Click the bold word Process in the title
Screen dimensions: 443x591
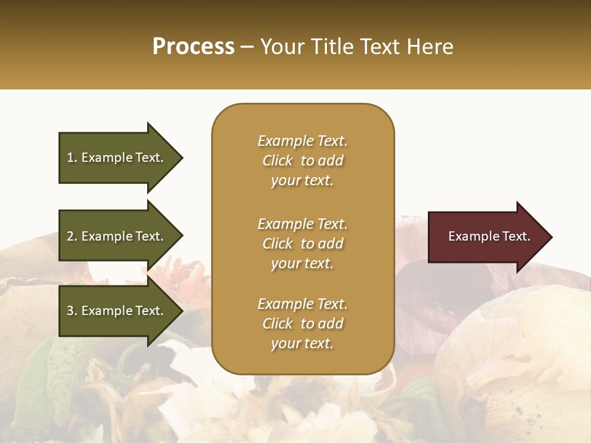coord(193,47)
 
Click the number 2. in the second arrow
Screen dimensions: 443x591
coord(72,236)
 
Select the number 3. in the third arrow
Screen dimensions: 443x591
coord(72,311)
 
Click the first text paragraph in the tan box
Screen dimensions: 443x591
coord(302,161)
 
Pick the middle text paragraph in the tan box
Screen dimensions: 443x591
coord(302,244)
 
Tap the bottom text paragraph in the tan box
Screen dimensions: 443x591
coord(302,324)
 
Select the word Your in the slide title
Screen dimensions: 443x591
coord(281,47)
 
